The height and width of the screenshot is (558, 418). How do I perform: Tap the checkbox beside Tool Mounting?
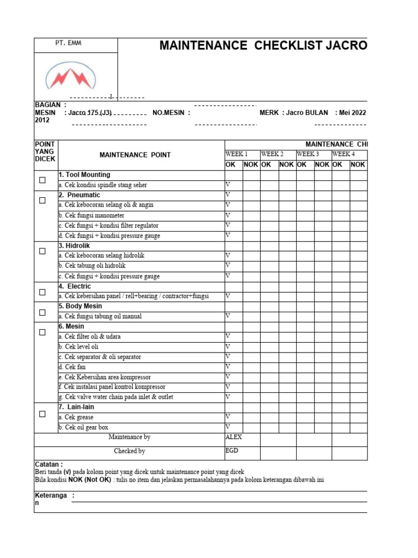pyautogui.click(x=42, y=180)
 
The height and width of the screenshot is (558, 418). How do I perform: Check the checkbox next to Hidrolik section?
pyautogui.click(x=42, y=251)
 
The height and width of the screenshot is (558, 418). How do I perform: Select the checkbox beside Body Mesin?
pyautogui.click(x=42, y=312)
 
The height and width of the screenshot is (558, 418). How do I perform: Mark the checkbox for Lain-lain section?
pyautogui.click(x=42, y=414)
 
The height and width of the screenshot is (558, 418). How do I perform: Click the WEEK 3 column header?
pyautogui.click(x=308, y=154)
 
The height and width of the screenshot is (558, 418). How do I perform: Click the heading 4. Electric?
pyautogui.click(x=75, y=286)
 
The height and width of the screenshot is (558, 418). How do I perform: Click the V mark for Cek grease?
pyautogui.click(x=228, y=417)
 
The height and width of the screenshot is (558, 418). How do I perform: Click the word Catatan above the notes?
pyautogui.click(x=48, y=464)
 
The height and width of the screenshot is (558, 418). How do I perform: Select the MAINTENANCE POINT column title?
pyautogui.click(x=135, y=155)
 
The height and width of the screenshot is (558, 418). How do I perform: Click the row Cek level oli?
pyautogui.click(x=78, y=347)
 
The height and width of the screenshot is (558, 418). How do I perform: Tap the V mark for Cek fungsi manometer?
pyautogui.click(x=228, y=215)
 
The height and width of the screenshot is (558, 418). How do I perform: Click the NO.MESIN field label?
pyautogui.click(x=171, y=113)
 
